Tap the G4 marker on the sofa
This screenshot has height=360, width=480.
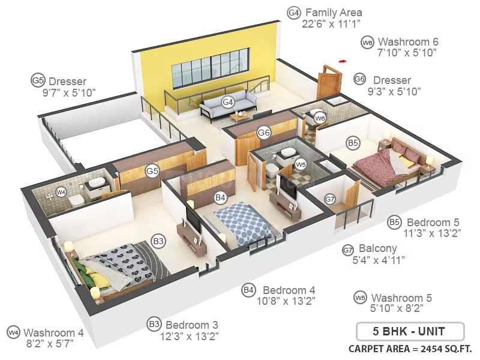tap(228, 102)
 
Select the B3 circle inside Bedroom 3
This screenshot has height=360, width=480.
tap(158, 241)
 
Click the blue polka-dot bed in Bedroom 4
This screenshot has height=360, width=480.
tap(242, 223)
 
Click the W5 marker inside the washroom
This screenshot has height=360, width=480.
tap(301, 164)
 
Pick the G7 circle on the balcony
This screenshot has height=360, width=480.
tap(329, 200)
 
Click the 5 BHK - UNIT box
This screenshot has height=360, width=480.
tap(410, 331)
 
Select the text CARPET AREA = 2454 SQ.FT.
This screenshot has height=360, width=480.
tap(410, 349)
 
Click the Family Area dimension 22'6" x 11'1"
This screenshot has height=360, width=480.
tap(331, 24)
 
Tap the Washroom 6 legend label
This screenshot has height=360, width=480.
tap(408, 41)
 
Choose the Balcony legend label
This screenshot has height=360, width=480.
tap(378, 248)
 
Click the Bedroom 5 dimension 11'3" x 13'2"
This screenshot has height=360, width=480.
tap(432, 233)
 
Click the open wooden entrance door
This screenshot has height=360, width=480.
tap(329, 81)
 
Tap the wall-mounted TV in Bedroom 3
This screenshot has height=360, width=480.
tap(193, 218)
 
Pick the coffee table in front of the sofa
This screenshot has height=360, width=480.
tap(241, 116)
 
